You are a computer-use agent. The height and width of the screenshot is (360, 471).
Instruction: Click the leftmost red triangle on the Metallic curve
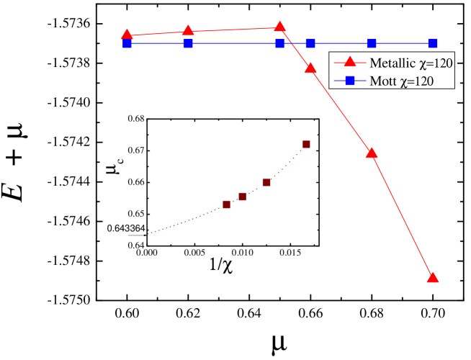127,35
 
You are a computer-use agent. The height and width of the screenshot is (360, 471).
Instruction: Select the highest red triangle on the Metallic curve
279,27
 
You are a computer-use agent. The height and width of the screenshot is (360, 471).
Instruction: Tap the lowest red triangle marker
432,277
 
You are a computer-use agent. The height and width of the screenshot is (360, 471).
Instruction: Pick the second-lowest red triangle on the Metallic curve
372,153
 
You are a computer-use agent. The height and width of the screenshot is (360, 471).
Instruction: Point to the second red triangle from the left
188,31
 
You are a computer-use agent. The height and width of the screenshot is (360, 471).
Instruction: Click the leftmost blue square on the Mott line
127,44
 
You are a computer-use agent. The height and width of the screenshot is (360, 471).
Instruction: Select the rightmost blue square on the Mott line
432,44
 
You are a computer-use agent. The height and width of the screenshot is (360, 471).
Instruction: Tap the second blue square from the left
188,44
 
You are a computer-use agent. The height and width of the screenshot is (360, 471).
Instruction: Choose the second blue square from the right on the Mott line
372,44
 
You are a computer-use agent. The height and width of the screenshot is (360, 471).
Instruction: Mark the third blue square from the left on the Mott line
279,44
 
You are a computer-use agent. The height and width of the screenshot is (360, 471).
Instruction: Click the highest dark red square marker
306,145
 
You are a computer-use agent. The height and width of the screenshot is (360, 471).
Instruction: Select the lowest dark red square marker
227,204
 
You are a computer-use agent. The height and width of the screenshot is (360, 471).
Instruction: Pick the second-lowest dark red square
242,197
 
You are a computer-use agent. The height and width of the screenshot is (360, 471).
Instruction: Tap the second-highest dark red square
266,183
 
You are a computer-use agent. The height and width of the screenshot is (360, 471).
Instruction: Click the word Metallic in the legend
390,63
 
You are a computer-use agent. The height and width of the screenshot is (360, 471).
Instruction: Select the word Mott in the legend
382,81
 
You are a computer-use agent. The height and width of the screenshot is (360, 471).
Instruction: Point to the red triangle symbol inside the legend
350,63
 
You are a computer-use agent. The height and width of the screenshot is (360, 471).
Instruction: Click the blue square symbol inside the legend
350,81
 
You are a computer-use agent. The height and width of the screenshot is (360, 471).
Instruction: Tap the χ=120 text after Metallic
435,63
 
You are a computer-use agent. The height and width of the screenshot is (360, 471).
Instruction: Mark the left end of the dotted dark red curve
148,234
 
